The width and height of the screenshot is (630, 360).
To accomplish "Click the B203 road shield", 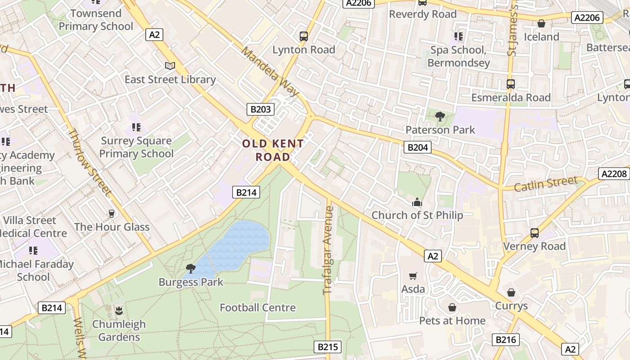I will (260, 109).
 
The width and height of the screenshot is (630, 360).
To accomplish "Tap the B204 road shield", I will (417, 147).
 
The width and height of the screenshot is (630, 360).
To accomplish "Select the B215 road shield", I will (327, 347).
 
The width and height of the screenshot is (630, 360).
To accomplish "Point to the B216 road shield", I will (505, 340).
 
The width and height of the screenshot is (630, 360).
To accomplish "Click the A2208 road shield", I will (613, 174).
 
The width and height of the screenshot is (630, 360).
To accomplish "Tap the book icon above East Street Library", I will (170, 66).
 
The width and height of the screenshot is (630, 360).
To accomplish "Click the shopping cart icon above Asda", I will (413, 276).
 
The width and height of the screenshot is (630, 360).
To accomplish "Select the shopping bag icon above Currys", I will (511, 292).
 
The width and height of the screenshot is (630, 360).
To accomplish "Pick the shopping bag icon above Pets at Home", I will (452, 307).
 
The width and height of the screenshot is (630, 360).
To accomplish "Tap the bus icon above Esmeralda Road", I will (511, 84).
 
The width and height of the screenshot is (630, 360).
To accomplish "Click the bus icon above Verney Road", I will (535, 233).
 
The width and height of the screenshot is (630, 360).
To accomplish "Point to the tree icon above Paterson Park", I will (440, 117).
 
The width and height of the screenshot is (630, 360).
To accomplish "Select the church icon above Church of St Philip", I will (417, 202).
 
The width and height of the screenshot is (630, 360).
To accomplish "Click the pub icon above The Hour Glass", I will (112, 213).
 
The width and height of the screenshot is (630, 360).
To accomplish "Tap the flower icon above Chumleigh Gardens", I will (119, 310).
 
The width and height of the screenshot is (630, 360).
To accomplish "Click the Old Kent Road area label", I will (273, 150).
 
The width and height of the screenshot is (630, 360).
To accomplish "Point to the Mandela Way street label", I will (270, 71).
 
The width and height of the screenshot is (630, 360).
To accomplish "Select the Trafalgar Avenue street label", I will (328, 250).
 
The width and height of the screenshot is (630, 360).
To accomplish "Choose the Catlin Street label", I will (545, 184).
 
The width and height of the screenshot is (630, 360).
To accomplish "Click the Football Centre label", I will (257, 308).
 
